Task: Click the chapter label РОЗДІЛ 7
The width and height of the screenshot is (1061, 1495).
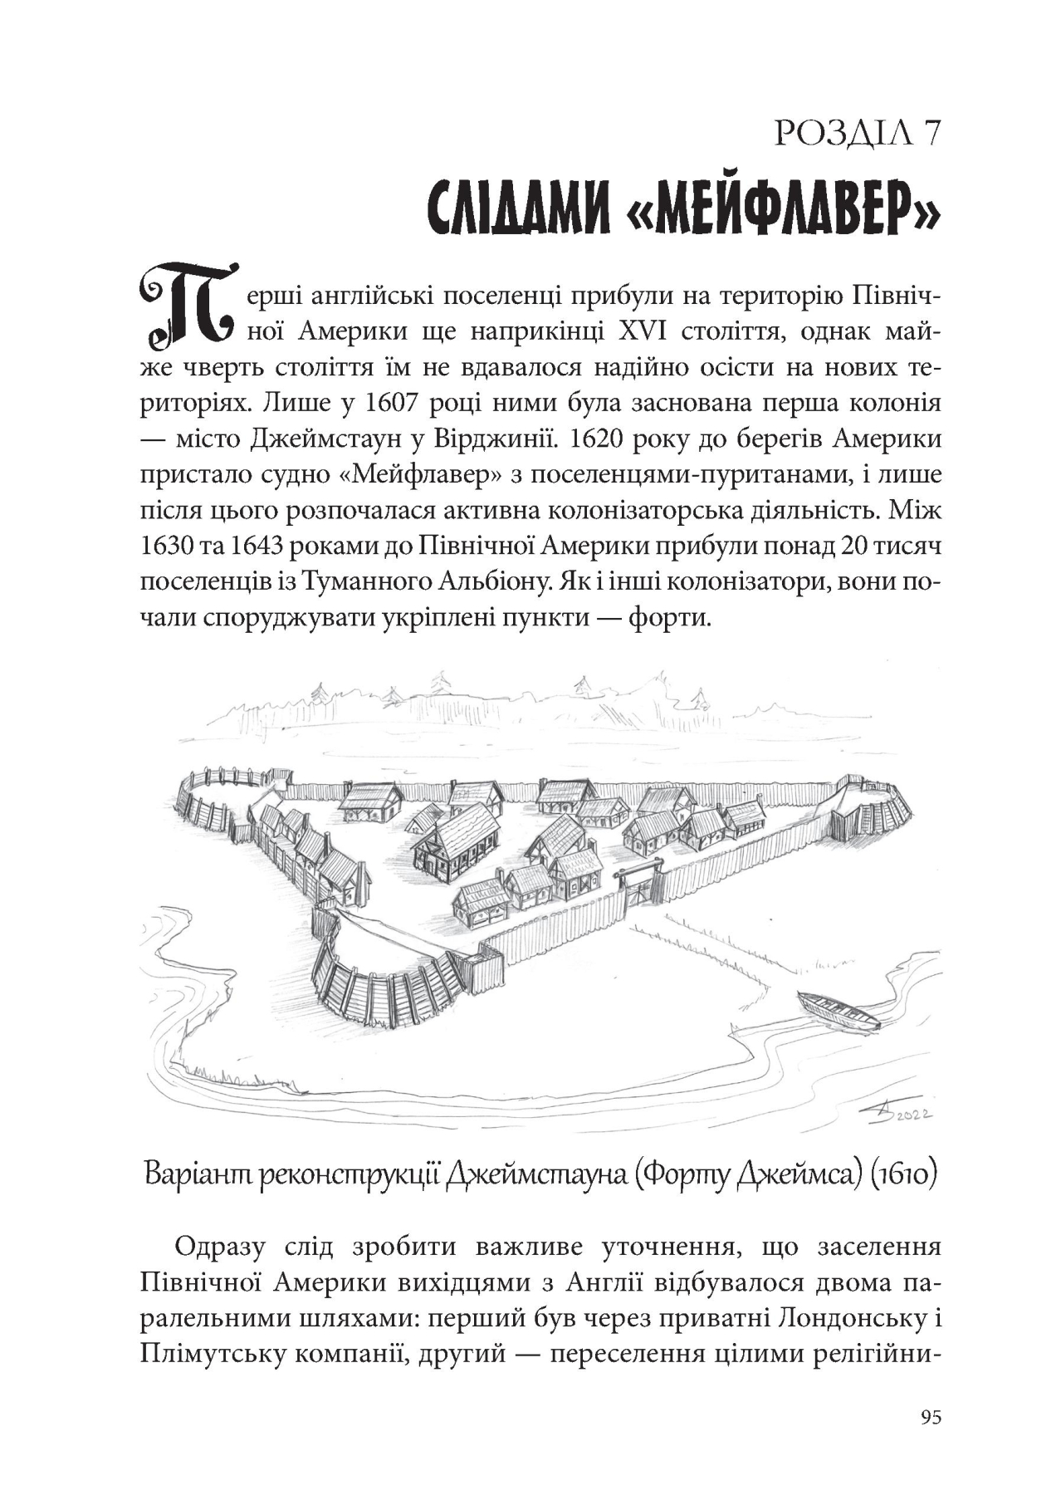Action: pos(856,133)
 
